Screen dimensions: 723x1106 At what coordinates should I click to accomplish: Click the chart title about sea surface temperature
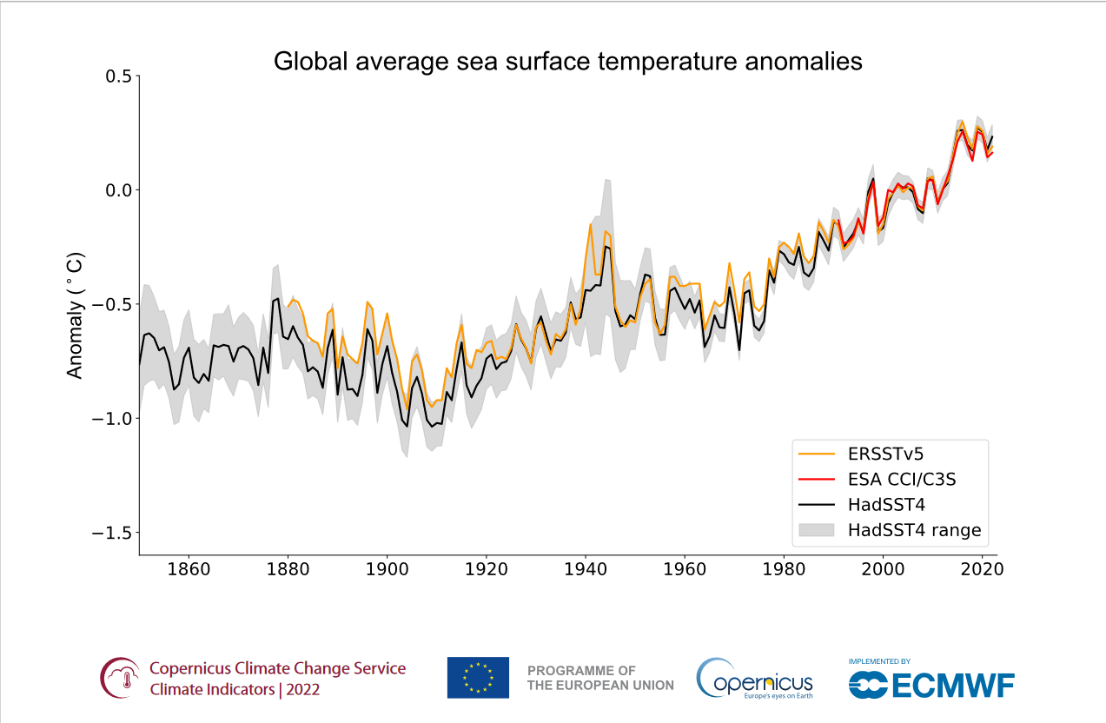pos(567,62)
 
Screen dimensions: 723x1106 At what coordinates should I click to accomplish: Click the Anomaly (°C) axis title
pos(76,315)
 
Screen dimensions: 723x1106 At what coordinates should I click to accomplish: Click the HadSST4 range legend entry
pos(914,529)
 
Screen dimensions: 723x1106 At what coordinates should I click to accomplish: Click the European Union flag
pos(478,677)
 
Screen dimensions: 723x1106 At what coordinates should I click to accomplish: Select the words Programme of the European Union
pos(599,678)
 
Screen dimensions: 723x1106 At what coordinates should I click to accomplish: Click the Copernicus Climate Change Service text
pos(277,668)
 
